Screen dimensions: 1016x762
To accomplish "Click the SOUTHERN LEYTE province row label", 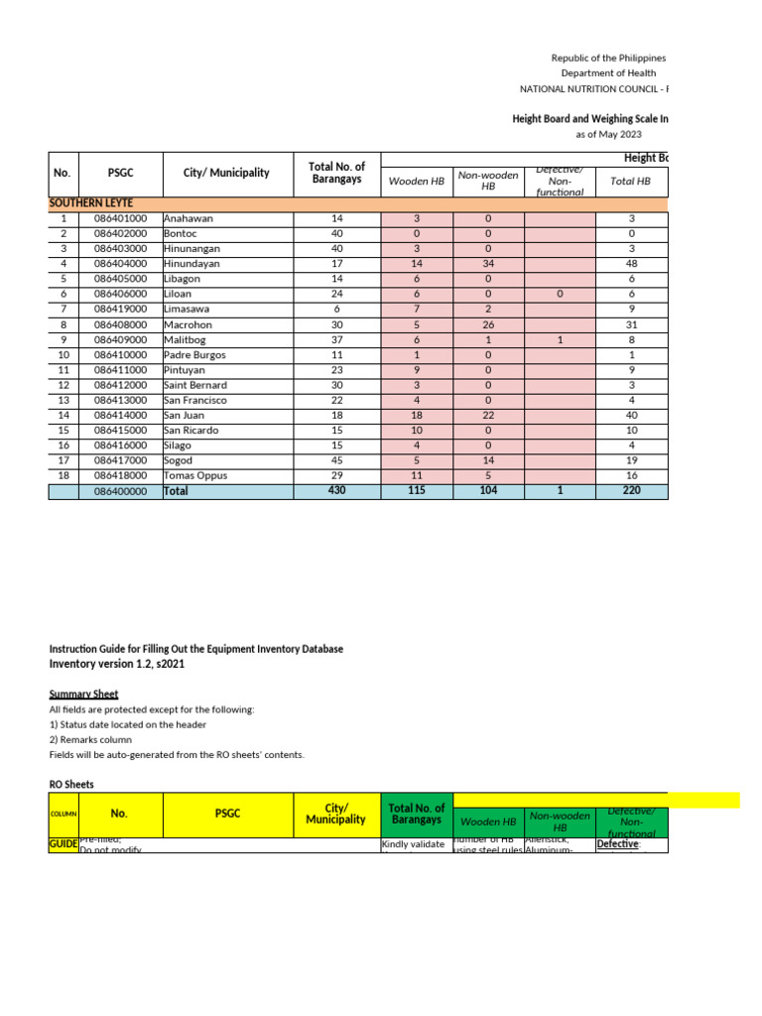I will point(91,202).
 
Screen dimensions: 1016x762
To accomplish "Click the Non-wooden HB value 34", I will point(487,264).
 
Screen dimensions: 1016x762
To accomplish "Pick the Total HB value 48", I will point(630,264).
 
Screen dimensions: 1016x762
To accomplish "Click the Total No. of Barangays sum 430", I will point(336,491).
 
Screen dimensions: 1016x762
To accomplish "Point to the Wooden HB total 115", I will point(417,491).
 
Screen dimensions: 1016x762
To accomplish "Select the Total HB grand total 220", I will point(630,491).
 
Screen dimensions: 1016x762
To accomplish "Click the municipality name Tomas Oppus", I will point(195,476).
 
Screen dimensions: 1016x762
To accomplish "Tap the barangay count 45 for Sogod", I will point(336,461).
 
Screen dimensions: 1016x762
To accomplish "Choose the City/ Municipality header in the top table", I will point(226,173).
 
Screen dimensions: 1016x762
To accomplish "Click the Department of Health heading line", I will point(608,73).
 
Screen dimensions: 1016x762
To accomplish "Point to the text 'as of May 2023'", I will point(608,134).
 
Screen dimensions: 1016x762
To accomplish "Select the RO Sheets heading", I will point(71,784).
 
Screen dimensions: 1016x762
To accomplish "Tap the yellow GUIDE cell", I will point(63,844).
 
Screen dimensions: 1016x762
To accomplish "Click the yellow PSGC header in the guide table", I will point(227,814).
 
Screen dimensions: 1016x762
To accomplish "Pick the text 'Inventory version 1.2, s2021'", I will point(117,664).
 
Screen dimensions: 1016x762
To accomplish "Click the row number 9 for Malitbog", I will point(63,339).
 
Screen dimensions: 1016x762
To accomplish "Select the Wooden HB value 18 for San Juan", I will point(417,416).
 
